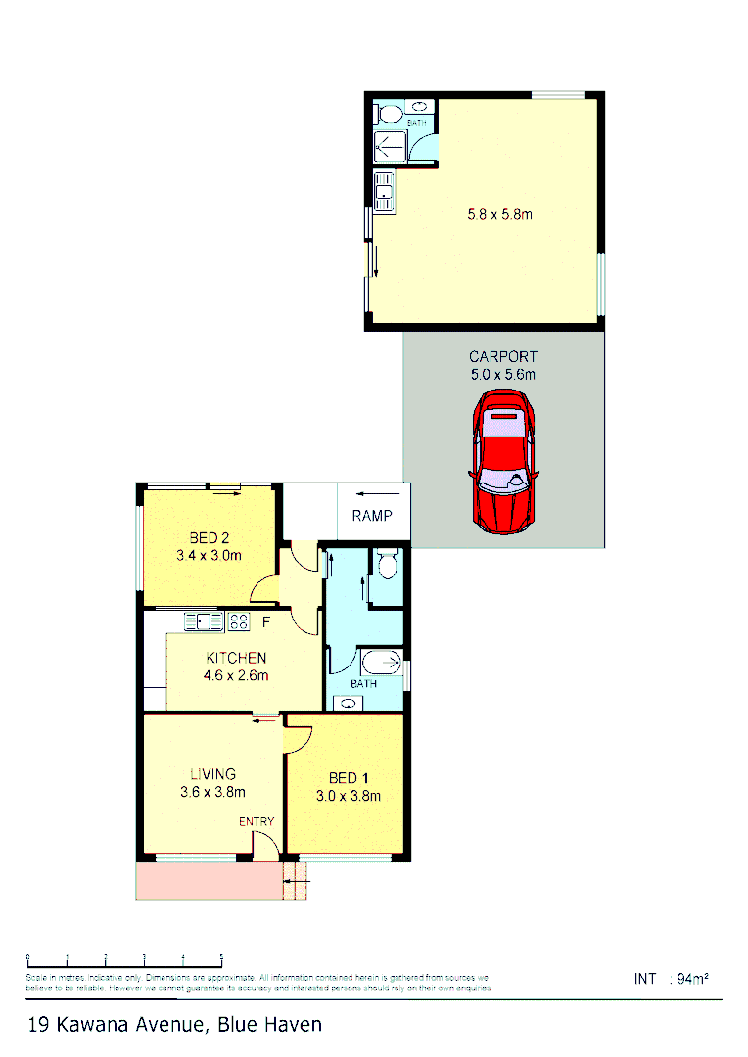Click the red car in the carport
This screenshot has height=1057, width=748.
(x=503, y=461)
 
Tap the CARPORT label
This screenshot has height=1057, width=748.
(x=503, y=357)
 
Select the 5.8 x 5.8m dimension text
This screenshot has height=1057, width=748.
(x=499, y=213)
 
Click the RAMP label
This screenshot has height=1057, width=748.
(x=372, y=516)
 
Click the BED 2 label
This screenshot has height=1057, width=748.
(x=209, y=537)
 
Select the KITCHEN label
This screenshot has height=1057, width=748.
(x=236, y=658)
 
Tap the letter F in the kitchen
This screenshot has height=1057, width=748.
(x=264, y=620)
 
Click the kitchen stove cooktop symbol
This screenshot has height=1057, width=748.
(x=238, y=620)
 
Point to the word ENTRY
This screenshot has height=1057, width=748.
(x=257, y=821)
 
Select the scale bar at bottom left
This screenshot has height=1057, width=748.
(x=124, y=957)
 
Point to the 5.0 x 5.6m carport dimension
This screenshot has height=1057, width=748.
(x=503, y=374)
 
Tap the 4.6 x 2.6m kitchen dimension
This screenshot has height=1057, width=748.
(x=236, y=675)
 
